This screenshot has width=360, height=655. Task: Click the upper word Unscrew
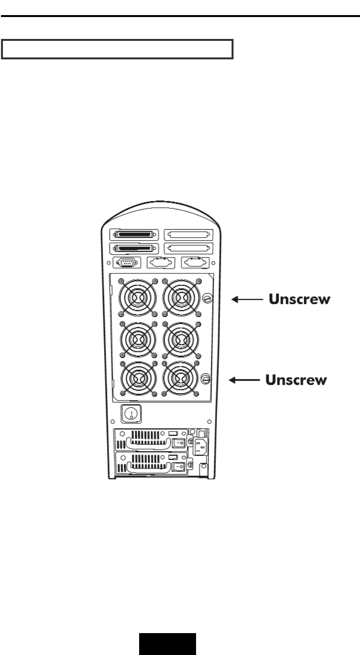click(x=300, y=300)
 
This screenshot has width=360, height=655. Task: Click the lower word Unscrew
click(x=296, y=380)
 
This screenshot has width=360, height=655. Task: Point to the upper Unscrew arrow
click(x=246, y=300)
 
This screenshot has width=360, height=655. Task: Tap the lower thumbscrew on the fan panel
click(x=205, y=378)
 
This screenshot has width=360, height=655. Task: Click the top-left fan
click(x=136, y=296)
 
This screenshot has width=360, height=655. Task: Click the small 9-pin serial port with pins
click(x=128, y=262)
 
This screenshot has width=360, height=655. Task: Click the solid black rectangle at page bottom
click(x=168, y=643)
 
